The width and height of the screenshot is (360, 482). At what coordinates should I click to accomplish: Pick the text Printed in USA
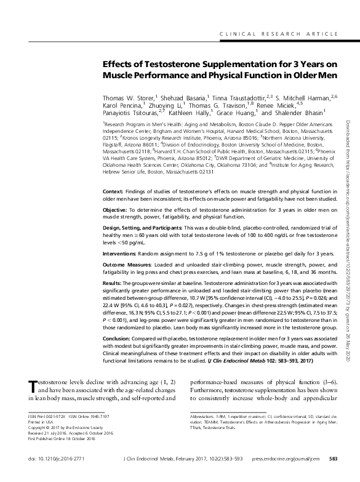click(42, 422)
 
